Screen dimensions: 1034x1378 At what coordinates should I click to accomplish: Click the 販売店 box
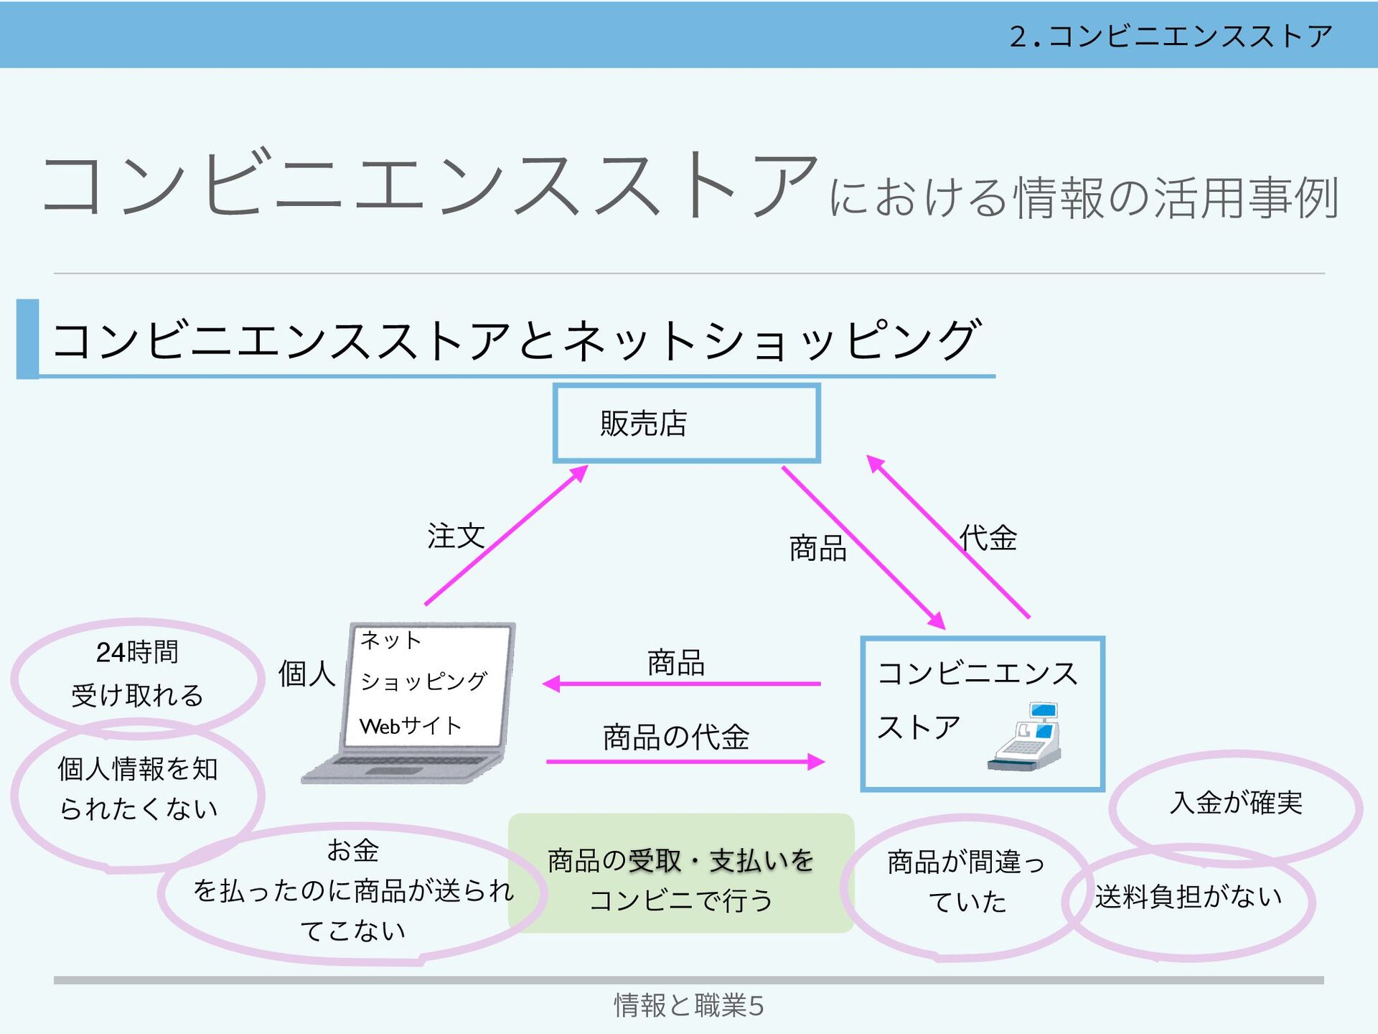pyautogui.click(x=686, y=424)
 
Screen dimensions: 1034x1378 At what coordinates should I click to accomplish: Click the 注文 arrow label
pyautogui.click(x=456, y=536)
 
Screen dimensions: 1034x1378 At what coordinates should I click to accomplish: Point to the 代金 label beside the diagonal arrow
pyautogui.click(x=988, y=538)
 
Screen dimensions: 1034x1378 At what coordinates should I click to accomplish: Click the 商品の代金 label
pyautogui.click(x=676, y=737)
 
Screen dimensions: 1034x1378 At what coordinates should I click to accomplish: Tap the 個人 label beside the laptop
pyautogui.click(x=306, y=674)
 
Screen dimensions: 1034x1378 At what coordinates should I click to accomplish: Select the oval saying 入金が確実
pyautogui.click(x=1235, y=804)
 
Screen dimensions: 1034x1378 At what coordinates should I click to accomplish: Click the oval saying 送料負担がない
pyautogui.click(x=1189, y=898)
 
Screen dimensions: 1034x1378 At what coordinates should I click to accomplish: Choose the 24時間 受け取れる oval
pyautogui.click(x=137, y=674)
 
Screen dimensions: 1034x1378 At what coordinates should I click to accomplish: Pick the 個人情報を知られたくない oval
pyautogui.click(x=137, y=790)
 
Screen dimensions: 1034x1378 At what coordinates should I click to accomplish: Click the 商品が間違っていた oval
pyautogui.click(x=965, y=882)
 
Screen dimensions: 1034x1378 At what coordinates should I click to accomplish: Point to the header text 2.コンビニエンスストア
pyautogui.click(x=1170, y=36)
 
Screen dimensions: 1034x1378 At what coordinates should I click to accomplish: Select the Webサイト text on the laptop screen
pyautogui.click(x=410, y=726)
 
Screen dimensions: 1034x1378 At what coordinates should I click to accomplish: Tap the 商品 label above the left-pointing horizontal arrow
pyautogui.click(x=675, y=662)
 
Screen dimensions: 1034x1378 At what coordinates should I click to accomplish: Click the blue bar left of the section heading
pyautogui.click(x=28, y=339)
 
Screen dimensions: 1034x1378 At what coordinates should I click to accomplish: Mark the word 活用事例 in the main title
pyautogui.click(x=1245, y=197)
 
